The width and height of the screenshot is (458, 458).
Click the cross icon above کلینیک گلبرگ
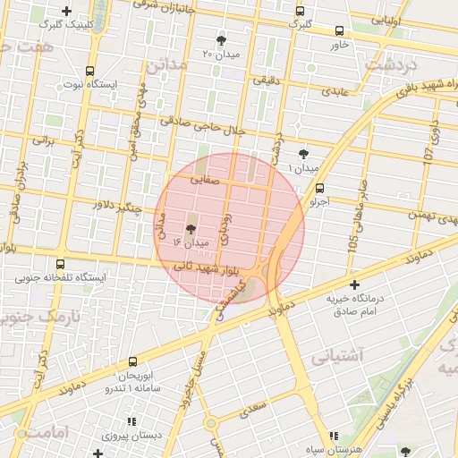click(x=66, y=11)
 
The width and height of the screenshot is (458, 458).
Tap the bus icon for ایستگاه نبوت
click(x=89, y=71)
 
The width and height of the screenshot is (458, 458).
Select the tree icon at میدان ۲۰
click(x=221, y=40)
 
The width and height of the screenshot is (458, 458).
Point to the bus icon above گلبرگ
click(x=299, y=11)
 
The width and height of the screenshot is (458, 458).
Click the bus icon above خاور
click(x=338, y=30)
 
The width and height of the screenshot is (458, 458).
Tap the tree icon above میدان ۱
click(x=303, y=154)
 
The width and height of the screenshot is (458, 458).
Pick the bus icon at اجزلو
click(x=319, y=188)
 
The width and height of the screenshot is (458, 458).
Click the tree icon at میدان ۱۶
click(x=190, y=229)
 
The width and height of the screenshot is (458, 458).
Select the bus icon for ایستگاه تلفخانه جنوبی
click(x=60, y=264)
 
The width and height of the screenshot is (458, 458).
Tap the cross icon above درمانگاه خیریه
click(x=354, y=284)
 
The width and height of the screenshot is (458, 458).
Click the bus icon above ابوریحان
click(x=132, y=362)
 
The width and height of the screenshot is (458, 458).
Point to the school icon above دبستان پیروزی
click(x=131, y=421)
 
